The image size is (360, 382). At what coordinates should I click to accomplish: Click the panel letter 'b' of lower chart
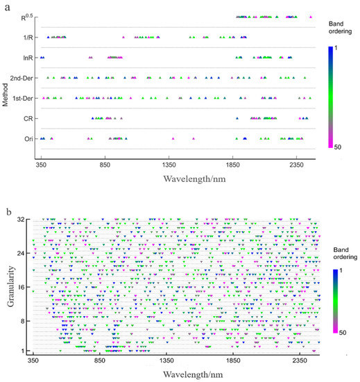point(8,210)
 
